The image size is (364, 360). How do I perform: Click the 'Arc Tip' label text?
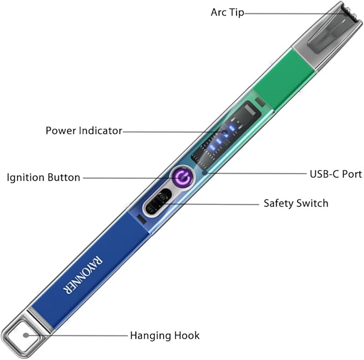coord(227,12)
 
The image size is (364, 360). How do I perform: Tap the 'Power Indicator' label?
coord(84,130)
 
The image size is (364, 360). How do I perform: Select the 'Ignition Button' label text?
coord(43,177)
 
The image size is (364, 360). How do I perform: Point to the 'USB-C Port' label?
coord(336,174)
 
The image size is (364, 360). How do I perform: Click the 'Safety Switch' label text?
coord(296,203)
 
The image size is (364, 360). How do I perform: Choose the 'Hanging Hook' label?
coord(165,336)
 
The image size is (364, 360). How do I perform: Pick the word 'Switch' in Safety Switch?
coord(313,203)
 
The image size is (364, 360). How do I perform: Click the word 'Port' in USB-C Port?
coord(351,174)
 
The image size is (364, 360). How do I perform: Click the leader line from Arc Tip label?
coord(289,13)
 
